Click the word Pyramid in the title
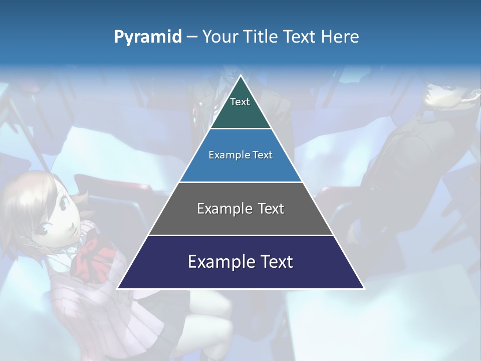[148, 37]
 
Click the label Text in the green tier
[240, 102]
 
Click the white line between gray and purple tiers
[241, 235]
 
